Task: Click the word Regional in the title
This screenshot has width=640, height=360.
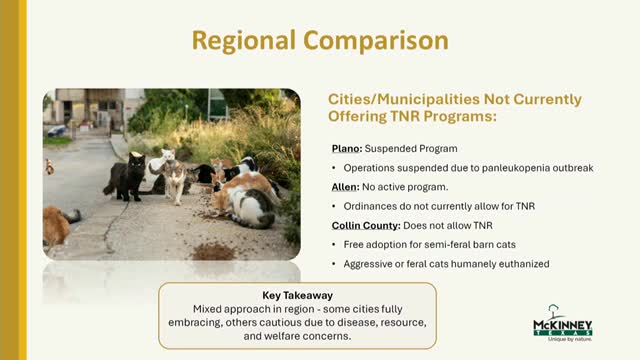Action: tap(244, 41)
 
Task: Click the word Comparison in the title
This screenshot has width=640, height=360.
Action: tap(376, 40)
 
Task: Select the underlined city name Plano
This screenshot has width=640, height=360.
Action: tap(347, 149)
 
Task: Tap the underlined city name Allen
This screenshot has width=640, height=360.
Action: tap(345, 187)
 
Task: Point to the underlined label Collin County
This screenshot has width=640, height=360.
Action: tap(366, 225)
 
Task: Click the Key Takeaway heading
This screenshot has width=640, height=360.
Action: tap(298, 295)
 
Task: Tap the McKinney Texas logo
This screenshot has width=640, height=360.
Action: tap(562, 322)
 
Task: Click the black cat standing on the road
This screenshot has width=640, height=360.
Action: tap(127, 177)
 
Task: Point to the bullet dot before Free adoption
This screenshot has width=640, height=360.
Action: tap(334, 245)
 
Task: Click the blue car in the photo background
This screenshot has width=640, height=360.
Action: tap(57, 131)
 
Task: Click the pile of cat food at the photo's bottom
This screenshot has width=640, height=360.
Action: tap(213, 251)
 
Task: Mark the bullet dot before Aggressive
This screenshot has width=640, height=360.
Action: tap(334, 264)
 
